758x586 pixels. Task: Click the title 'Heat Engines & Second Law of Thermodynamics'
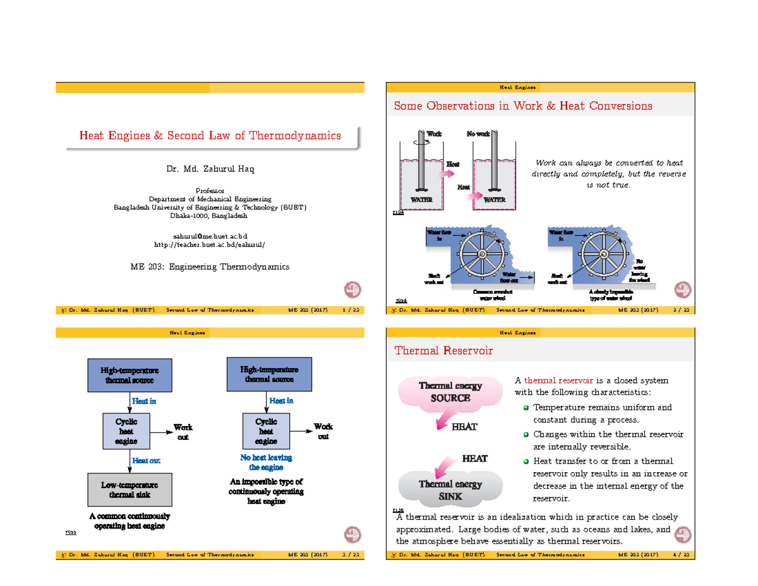210,135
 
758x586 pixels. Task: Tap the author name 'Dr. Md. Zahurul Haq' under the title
210,169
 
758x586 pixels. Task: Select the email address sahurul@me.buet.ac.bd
210,235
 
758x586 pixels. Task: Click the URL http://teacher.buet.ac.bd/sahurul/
210,244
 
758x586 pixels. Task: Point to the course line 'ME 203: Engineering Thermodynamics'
210,267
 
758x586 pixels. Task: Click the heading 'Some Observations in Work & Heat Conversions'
522,106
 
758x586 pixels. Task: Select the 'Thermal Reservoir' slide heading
442,350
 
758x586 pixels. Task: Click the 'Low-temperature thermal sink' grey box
129,490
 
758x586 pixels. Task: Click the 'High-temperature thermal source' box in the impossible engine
269,374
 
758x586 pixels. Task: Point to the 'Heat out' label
146,461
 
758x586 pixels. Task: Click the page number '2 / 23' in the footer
682,310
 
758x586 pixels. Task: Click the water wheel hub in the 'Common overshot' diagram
481,254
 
